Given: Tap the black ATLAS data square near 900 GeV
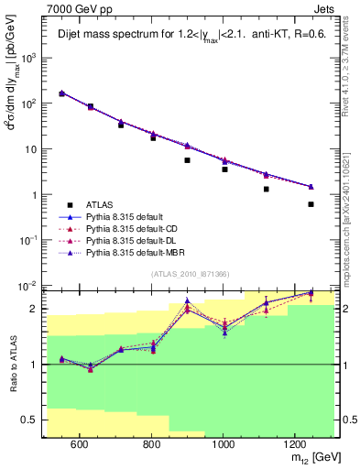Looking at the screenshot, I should pos(187,160).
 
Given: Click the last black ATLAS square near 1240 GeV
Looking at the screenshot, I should pos(311,204).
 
